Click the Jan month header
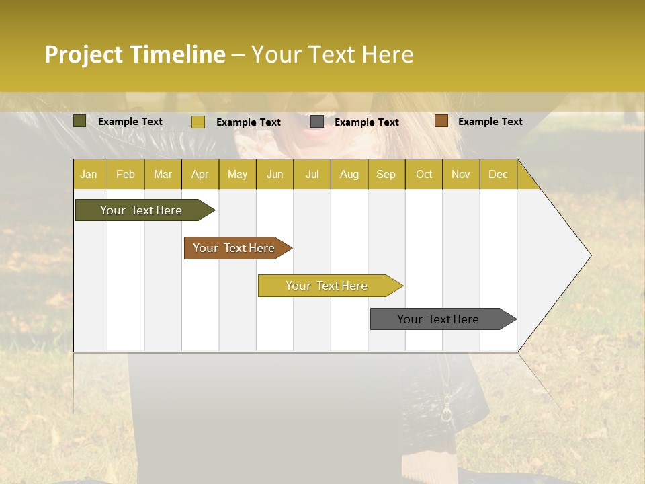pos(89,174)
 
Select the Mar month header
pos(163,174)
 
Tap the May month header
pos(237,174)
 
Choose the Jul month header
pos(312,174)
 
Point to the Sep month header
pos(386,174)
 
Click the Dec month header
pos(498,174)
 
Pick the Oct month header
pos(424,174)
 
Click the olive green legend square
pos(79,121)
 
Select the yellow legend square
pos(198,122)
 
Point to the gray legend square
pos(317,122)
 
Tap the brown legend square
pos(441,121)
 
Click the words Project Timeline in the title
pos(135,54)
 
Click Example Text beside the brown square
pos(490,122)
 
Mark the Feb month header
pos(126,174)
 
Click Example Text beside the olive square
pos(130,122)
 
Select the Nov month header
pos(461,174)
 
